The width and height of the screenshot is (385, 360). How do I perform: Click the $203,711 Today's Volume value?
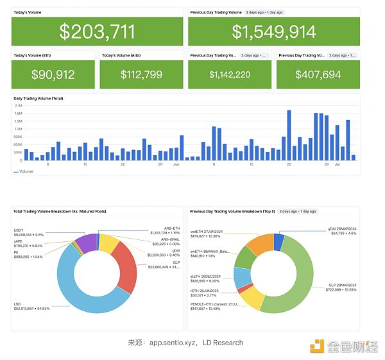(x=97, y=31)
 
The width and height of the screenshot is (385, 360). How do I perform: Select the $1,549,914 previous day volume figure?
(x=274, y=31)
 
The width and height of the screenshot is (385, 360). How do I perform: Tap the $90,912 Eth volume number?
(x=53, y=74)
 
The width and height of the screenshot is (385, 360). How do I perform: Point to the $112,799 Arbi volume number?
(x=141, y=74)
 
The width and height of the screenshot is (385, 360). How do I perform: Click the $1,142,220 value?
(x=230, y=74)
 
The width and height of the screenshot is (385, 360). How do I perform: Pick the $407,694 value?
(x=318, y=74)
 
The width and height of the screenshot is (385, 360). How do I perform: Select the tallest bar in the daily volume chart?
(x=289, y=135)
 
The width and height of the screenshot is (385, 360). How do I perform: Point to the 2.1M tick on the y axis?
(x=19, y=106)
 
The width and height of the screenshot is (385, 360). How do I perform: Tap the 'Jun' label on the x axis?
(x=176, y=165)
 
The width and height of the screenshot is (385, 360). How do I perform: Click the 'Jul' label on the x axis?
(x=337, y=165)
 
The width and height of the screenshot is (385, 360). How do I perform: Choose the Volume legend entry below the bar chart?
(x=24, y=172)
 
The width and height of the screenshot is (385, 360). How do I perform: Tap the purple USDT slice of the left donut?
(x=85, y=243)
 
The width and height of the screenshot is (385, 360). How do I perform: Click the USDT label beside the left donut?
(x=19, y=230)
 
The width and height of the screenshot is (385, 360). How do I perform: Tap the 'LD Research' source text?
(x=223, y=343)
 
